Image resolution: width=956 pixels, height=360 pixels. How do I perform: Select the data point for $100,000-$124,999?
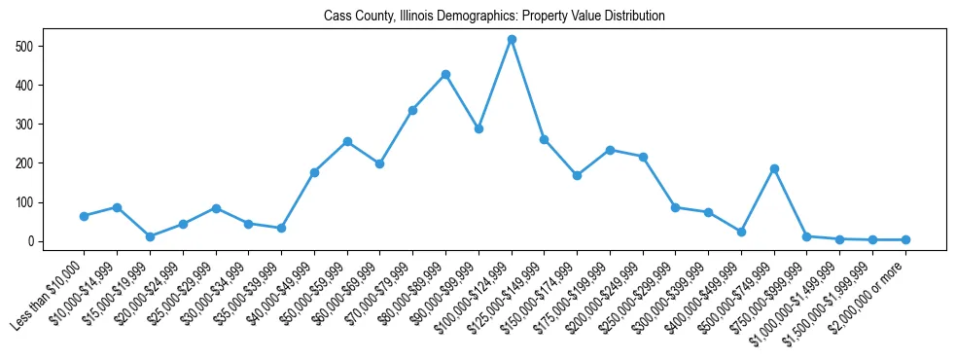pyautogui.click(x=512, y=39)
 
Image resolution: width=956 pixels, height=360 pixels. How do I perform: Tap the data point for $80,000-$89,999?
pyautogui.click(x=445, y=74)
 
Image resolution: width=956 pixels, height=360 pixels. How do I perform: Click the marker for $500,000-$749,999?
pyautogui.click(x=774, y=168)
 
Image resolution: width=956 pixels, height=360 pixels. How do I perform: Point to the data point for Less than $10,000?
pyautogui.click(x=84, y=216)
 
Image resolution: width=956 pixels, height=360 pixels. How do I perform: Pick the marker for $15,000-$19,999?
pyautogui.click(x=150, y=236)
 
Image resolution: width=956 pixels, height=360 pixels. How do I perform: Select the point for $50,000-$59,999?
pyautogui.click(x=347, y=141)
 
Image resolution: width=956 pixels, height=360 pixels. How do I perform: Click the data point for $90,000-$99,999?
pyautogui.click(x=478, y=128)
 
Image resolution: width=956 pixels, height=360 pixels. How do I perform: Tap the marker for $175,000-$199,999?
pyautogui.click(x=610, y=150)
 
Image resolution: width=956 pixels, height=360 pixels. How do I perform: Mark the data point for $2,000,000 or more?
pyautogui.click(x=905, y=239)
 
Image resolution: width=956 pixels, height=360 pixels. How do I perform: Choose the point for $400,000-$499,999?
pyautogui.click(x=741, y=232)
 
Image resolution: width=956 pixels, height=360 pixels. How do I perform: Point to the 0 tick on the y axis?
pyautogui.click(x=32, y=241)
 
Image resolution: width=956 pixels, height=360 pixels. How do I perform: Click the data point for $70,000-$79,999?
pyautogui.click(x=412, y=110)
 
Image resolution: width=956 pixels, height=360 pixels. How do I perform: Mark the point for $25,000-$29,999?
pyautogui.click(x=216, y=208)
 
